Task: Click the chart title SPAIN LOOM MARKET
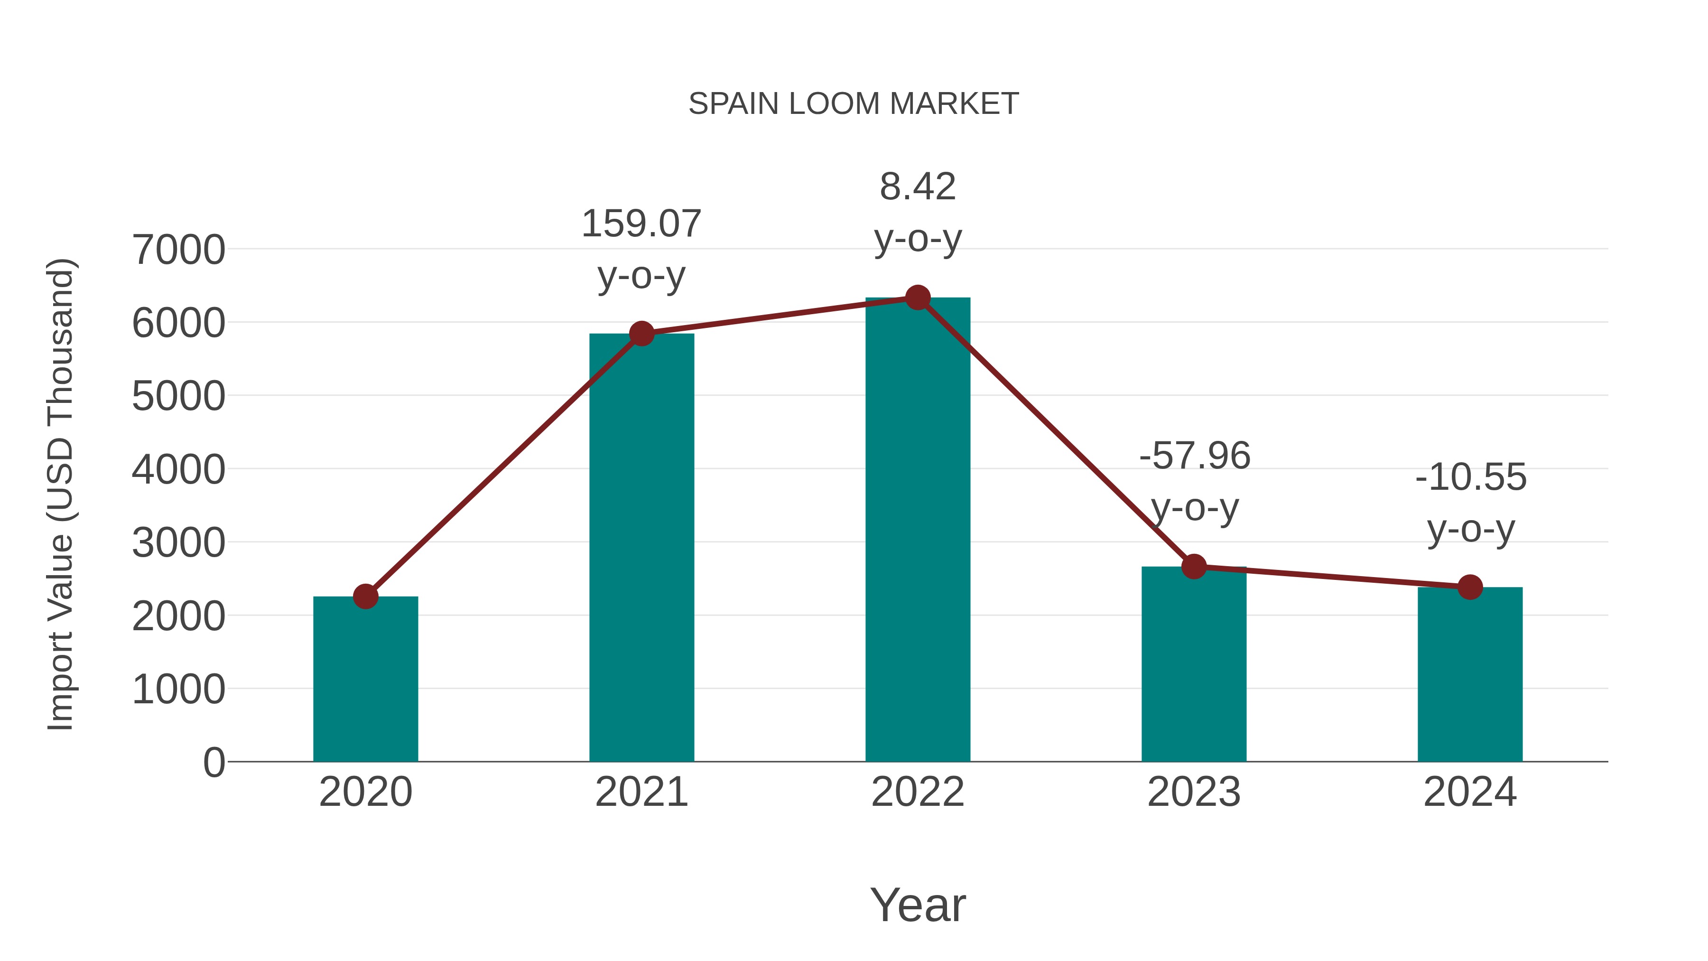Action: tap(854, 104)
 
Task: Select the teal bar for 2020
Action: tap(365, 680)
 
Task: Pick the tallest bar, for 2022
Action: tap(918, 531)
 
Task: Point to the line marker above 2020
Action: tap(365, 596)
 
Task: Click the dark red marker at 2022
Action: tap(918, 298)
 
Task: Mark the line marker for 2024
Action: tap(1470, 587)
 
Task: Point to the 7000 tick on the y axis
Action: tap(178, 250)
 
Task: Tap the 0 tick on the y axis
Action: tap(213, 762)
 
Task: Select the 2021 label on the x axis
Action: tap(641, 792)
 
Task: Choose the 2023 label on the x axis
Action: tap(1194, 792)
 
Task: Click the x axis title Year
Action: tap(918, 905)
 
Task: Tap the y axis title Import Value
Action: tap(60, 494)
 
